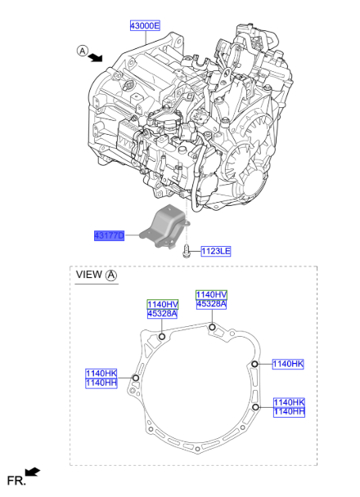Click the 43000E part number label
[x=145, y=26]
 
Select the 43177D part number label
[x=109, y=235]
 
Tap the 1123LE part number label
[x=216, y=253]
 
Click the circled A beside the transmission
[x=83, y=51]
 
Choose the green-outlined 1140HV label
[x=162, y=303]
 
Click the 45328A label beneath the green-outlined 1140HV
[x=162, y=314]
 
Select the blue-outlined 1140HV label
[x=211, y=293]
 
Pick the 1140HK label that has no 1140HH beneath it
[x=288, y=364]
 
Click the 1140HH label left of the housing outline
[x=101, y=383]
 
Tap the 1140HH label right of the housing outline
[x=289, y=412]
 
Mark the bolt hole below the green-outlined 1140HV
[x=162, y=337]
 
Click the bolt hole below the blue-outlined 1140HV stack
[x=212, y=328]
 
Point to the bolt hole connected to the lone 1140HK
[x=255, y=364]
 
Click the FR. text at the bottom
[x=16, y=481]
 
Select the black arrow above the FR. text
[x=33, y=472]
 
